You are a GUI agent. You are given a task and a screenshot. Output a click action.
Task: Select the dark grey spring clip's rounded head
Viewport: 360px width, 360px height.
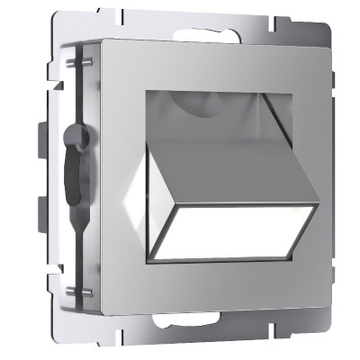pos(76,140)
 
